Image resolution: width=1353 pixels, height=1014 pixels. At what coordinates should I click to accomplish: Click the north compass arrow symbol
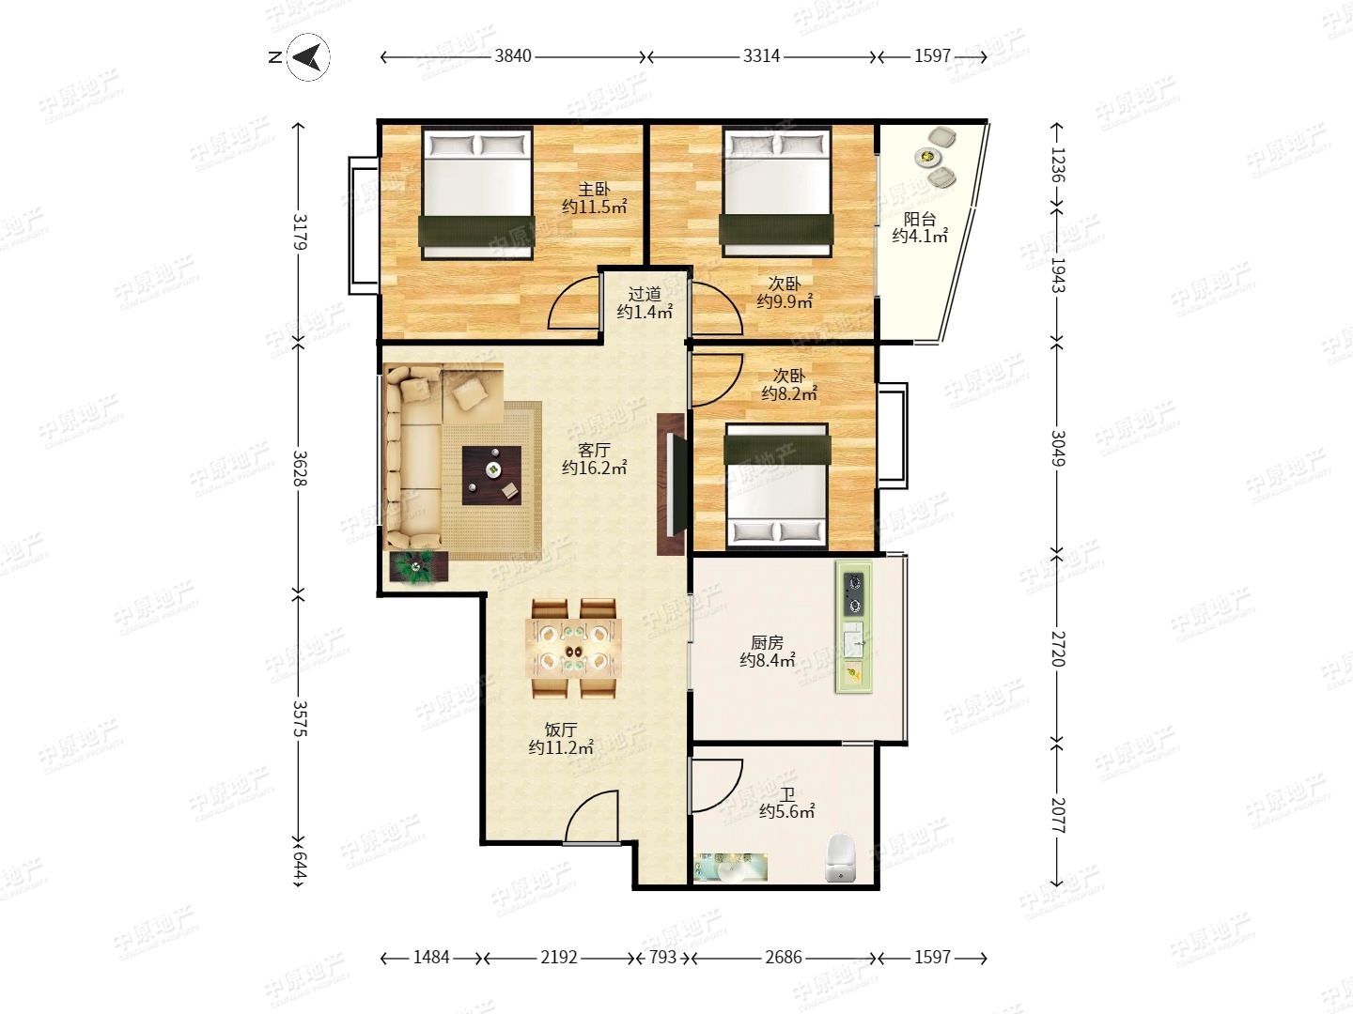308,57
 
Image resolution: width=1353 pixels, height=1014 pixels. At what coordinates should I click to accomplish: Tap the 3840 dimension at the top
513,56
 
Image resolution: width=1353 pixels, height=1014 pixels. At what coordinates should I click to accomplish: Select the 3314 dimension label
761,56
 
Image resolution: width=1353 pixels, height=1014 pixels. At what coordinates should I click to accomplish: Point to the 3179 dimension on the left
300,232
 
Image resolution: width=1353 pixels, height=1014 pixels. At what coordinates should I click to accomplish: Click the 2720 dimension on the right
1058,648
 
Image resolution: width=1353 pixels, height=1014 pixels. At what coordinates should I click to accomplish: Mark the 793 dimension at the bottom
662,958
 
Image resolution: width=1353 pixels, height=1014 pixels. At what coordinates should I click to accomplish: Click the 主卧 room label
594,189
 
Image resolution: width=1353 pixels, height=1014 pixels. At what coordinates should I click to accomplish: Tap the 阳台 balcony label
920,219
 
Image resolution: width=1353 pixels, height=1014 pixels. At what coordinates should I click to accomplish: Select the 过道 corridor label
645,294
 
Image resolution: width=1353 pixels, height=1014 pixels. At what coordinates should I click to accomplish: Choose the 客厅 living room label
594,450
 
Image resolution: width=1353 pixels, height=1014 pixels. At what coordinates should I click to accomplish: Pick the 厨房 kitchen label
767,643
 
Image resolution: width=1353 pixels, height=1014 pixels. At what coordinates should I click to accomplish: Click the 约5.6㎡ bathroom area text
787,811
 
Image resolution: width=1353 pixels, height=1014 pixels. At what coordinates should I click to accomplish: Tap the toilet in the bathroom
840,857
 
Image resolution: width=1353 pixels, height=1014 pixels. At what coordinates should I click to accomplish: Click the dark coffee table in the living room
491,475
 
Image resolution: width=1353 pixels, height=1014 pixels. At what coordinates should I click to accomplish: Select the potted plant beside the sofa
418,566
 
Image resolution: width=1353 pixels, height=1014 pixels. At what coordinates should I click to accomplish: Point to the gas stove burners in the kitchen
854,593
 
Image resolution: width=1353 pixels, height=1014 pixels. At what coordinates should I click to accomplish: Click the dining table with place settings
573,650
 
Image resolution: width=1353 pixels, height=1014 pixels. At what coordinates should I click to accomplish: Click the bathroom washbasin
731,869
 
